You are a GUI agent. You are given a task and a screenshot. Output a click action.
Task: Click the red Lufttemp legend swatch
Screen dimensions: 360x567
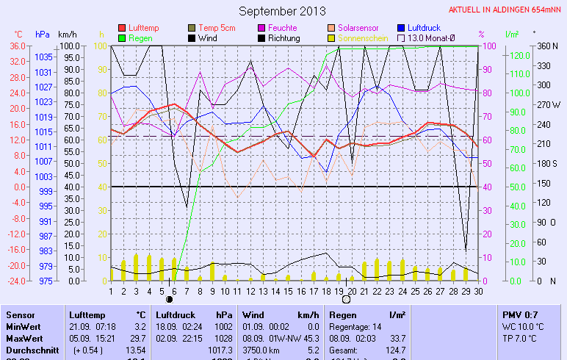click(x=122, y=28)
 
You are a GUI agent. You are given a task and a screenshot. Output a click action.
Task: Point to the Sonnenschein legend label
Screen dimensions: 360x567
click(x=363, y=37)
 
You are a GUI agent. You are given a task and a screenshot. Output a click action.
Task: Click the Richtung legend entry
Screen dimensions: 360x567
click(x=283, y=37)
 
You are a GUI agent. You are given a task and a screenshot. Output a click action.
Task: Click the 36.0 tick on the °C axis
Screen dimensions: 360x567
click(x=18, y=46)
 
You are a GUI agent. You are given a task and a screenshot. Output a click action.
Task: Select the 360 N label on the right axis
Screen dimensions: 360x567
click(x=548, y=46)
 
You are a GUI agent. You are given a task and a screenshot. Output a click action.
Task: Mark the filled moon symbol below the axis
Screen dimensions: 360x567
click(x=170, y=299)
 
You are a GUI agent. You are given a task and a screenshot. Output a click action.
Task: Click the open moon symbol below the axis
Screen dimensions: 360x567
click(x=347, y=299)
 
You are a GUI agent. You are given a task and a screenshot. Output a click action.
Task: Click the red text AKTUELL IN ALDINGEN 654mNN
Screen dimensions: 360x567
click(x=506, y=10)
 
